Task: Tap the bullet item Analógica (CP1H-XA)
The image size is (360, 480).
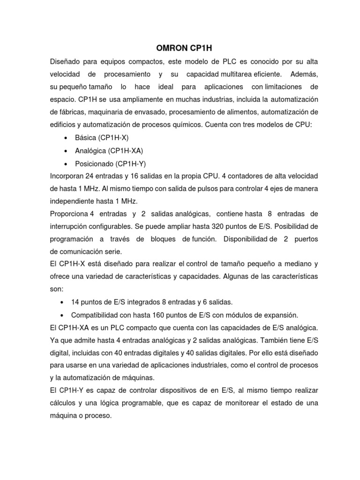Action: pos(109,151)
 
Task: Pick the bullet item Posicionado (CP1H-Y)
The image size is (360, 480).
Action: pos(110,164)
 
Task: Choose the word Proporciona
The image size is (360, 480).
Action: pos(69,214)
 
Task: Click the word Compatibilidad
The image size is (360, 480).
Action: pos(97,314)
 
